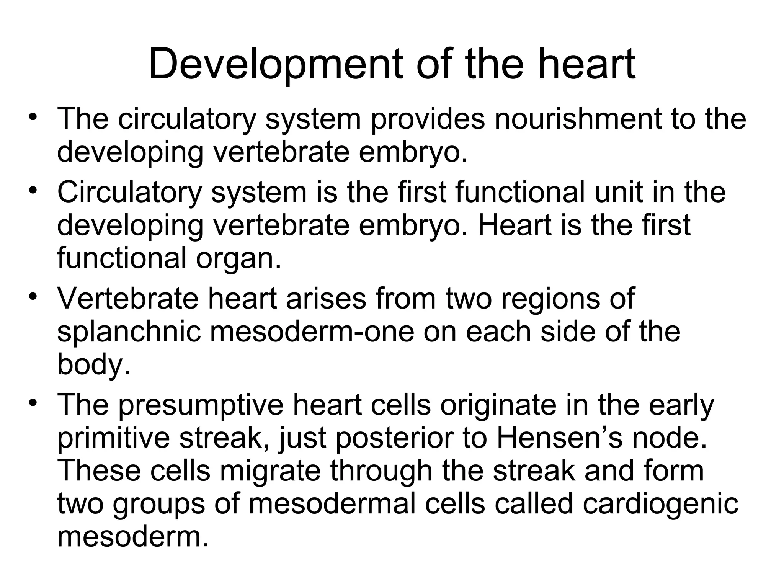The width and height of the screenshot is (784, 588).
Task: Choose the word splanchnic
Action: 129,332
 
